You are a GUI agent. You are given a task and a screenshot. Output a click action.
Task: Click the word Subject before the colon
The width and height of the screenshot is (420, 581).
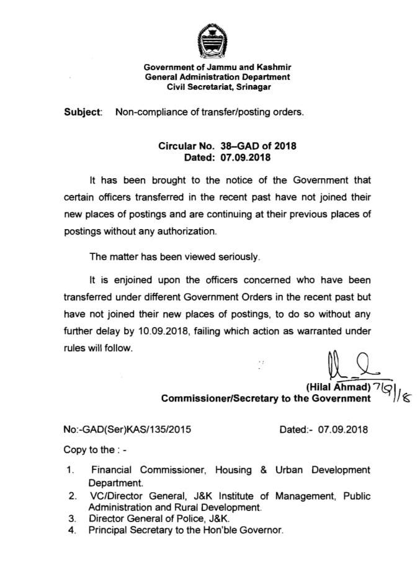point(81,112)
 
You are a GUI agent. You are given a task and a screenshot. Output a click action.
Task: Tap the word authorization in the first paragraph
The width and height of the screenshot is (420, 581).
point(185,232)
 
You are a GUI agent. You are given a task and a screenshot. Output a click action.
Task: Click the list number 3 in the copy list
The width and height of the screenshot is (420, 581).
point(72,518)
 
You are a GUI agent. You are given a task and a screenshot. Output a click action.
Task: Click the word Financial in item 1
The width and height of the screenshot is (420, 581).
point(112,470)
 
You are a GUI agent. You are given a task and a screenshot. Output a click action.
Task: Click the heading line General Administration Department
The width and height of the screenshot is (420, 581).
point(217,77)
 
